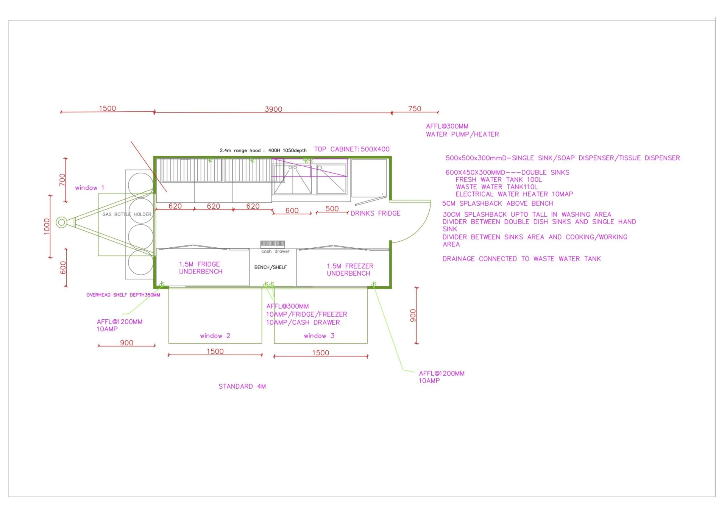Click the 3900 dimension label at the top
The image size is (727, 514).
click(273, 109)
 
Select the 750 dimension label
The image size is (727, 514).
click(415, 109)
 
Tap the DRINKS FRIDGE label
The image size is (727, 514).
click(375, 213)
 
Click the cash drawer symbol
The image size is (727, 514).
click(272, 244)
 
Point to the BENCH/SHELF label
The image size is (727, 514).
click(270, 267)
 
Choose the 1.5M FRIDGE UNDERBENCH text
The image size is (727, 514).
click(201, 268)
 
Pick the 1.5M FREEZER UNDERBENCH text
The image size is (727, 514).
click(350, 270)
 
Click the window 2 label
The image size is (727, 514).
click(215, 336)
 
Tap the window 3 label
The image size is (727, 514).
click(319, 336)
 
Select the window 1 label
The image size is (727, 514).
click(89, 187)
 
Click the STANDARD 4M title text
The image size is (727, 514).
click(242, 386)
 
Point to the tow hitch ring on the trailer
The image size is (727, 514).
click(61, 222)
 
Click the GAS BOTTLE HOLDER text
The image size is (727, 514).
click(127, 214)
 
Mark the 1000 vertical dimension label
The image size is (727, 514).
click(47, 227)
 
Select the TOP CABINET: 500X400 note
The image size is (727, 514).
click(352, 149)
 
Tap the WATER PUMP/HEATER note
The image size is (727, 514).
click(462, 134)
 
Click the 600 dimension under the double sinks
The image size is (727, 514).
click(292, 210)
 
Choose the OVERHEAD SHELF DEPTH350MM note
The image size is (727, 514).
click(123, 295)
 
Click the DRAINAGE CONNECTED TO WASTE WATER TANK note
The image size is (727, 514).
click(521, 259)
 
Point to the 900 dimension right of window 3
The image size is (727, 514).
click(413, 316)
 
